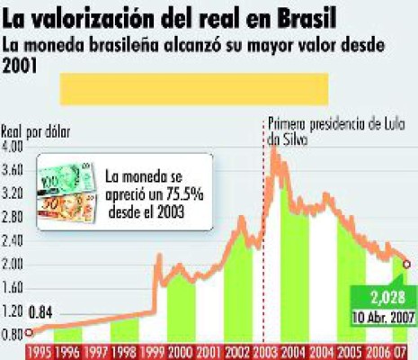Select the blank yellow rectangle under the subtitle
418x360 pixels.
(193, 88)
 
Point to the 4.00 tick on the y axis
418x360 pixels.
(17, 146)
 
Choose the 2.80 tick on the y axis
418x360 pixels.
(17, 216)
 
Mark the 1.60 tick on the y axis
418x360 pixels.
(17, 287)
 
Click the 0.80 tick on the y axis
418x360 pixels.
(17, 335)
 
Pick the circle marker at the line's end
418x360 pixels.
(407, 264)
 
